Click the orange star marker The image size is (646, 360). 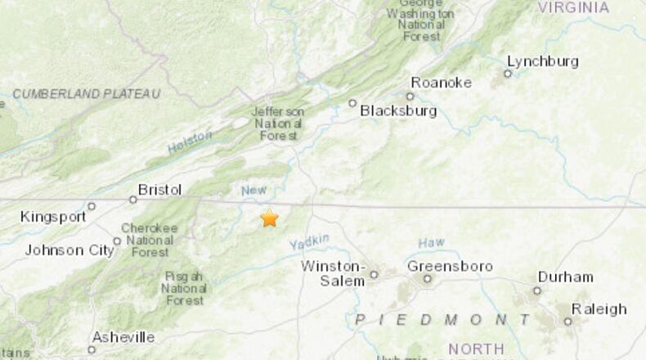(269, 218)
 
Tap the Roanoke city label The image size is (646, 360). (441, 82)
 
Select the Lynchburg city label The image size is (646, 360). (542, 61)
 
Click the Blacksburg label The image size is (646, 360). (398, 110)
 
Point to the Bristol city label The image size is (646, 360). (159, 190)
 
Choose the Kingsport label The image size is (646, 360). (53, 217)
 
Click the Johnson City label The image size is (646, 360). (70, 250)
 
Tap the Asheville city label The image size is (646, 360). (123, 337)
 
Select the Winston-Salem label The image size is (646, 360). (333, 273)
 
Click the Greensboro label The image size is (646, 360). (450, 266)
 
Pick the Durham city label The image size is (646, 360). (566, 277)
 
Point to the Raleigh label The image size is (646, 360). (599, 308)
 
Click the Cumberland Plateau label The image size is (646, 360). (86, 94)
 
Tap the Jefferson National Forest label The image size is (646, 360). (278, 123)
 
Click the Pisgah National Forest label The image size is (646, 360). (184, 288)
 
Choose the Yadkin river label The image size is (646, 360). (308, 241)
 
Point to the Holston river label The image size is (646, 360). (190, 142)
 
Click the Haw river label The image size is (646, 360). (431, 243)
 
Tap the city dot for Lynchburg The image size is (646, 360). (507, 74)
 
